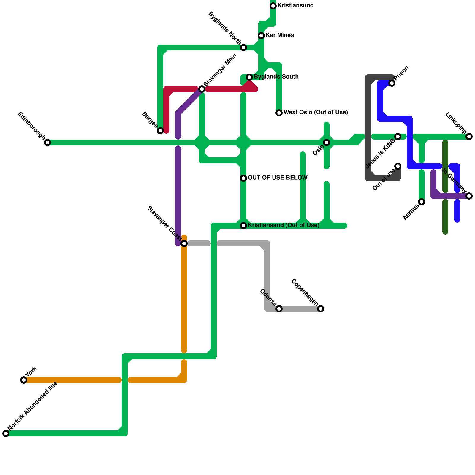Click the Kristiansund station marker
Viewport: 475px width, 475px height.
pyautogui.click(x=273, y=6)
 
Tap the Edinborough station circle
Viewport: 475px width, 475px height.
pyautogui.click(x=47, y=142)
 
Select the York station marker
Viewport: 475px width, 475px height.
pyautogui.click(x=24, y=380)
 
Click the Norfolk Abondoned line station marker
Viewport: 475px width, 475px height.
pyautogui.click(x=6, y=433)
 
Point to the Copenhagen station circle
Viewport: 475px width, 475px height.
pyautogui.click(x=321, y=309)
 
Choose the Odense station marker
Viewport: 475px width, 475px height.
pyautogui.click(x=279, y=309)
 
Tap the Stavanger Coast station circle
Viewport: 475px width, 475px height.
pyautogui.click(x=184, y=243)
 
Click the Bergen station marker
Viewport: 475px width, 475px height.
pyautogui.click(x=160, y=131)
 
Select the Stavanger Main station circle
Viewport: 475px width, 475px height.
pyautogui.click(x=202, y=89)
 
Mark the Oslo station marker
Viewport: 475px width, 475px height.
pyautogui.click(x=327, y=142)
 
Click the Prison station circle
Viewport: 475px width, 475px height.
pyautogui.click(x=392, y=83)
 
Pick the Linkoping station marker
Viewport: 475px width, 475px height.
pyautogui.click(x=469, y=137)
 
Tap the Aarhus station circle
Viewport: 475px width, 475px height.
pyautogui.click(x=422, y=202)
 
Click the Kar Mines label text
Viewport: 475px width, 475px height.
pyautogui.click(x=280, y=35)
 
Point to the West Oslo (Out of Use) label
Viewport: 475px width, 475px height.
pyautogui.click(x=316, y=113)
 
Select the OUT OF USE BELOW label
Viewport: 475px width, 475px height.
pyautogui.click(x=278, y=178)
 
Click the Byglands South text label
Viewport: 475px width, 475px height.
pyautogui.click(x=276, y=77)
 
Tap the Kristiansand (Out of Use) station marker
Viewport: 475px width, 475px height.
pyautogui.click(x=243, y=226)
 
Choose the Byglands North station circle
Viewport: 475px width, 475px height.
pyautogui.click(x=243, y=47)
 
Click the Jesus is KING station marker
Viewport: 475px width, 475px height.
pyautogui.click(x=398, y=137)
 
